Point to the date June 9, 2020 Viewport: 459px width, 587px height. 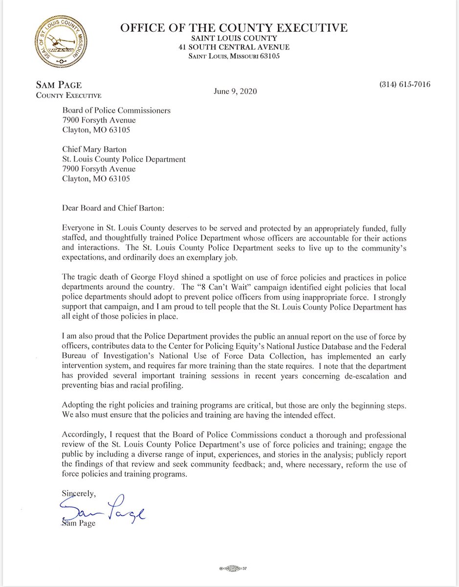(235, 91)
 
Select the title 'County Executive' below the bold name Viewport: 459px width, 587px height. (69, 96)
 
